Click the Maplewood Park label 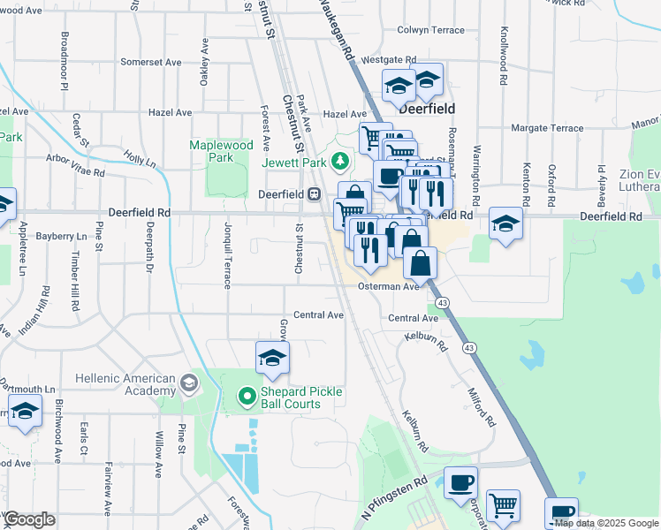click(x=221, y=151)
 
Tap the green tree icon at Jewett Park click(x=338, y=161)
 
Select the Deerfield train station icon click(x=314, y=194)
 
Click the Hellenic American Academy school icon click(x=187, y=382)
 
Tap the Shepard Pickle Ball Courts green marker click(x=247, y=397)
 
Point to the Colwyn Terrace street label click(x=430, y=30)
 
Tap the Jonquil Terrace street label click(x=227, y=255)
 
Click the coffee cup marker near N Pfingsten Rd click(x=460, y=483)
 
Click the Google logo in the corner click(x=29, y=519)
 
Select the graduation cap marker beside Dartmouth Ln click(x=25, y=412)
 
